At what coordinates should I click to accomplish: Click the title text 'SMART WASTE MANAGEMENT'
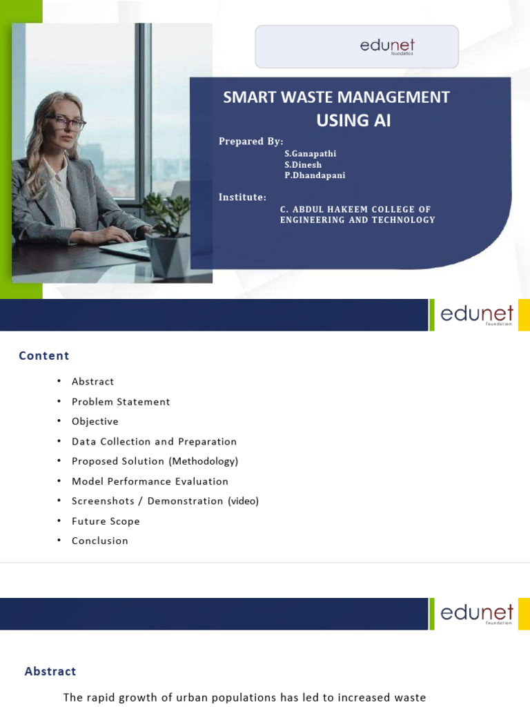336,97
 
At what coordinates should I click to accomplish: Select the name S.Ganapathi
310,154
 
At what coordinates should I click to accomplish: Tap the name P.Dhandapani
315,175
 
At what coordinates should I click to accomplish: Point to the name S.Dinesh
303,165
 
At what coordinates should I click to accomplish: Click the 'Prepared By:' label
251,142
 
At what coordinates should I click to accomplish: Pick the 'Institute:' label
242,197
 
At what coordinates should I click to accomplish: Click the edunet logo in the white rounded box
386,46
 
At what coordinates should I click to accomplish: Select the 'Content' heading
44,356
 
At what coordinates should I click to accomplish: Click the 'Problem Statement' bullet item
121,402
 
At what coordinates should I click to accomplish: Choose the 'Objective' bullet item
95,421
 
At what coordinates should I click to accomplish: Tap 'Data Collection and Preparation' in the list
154,441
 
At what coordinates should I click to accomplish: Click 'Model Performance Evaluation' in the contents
150,481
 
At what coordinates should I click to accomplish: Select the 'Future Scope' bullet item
106,521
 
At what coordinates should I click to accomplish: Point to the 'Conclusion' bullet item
100,541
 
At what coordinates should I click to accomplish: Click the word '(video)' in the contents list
243,501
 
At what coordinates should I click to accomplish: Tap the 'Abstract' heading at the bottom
50,671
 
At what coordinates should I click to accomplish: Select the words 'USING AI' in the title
353,121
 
